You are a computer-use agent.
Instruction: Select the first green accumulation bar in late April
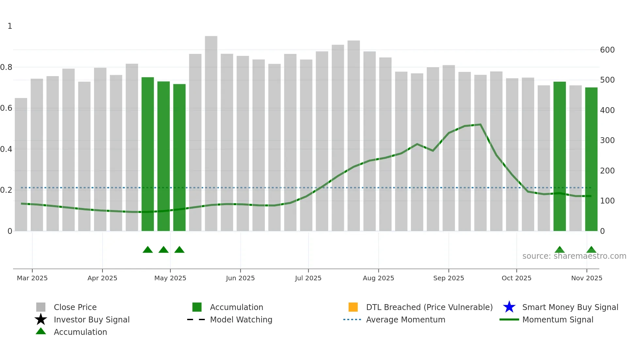148,154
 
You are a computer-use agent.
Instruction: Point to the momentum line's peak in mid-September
480,124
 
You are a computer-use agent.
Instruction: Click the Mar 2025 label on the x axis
32,278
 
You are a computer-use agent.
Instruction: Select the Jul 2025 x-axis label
308,278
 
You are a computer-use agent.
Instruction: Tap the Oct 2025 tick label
516,278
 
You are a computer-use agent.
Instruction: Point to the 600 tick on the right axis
607,50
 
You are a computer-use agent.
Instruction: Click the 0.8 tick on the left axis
7,67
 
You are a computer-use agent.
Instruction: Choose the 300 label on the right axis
607,140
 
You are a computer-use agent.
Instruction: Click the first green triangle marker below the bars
148,250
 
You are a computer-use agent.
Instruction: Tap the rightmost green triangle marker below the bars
591,250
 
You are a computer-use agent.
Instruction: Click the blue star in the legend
509,307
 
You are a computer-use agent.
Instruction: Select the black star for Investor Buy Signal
41,319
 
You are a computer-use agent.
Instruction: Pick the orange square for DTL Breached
353,307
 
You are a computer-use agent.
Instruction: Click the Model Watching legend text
241,319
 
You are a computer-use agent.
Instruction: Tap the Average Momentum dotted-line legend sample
352,319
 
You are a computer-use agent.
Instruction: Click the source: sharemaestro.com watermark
574,256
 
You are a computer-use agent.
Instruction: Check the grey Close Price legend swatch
41,307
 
